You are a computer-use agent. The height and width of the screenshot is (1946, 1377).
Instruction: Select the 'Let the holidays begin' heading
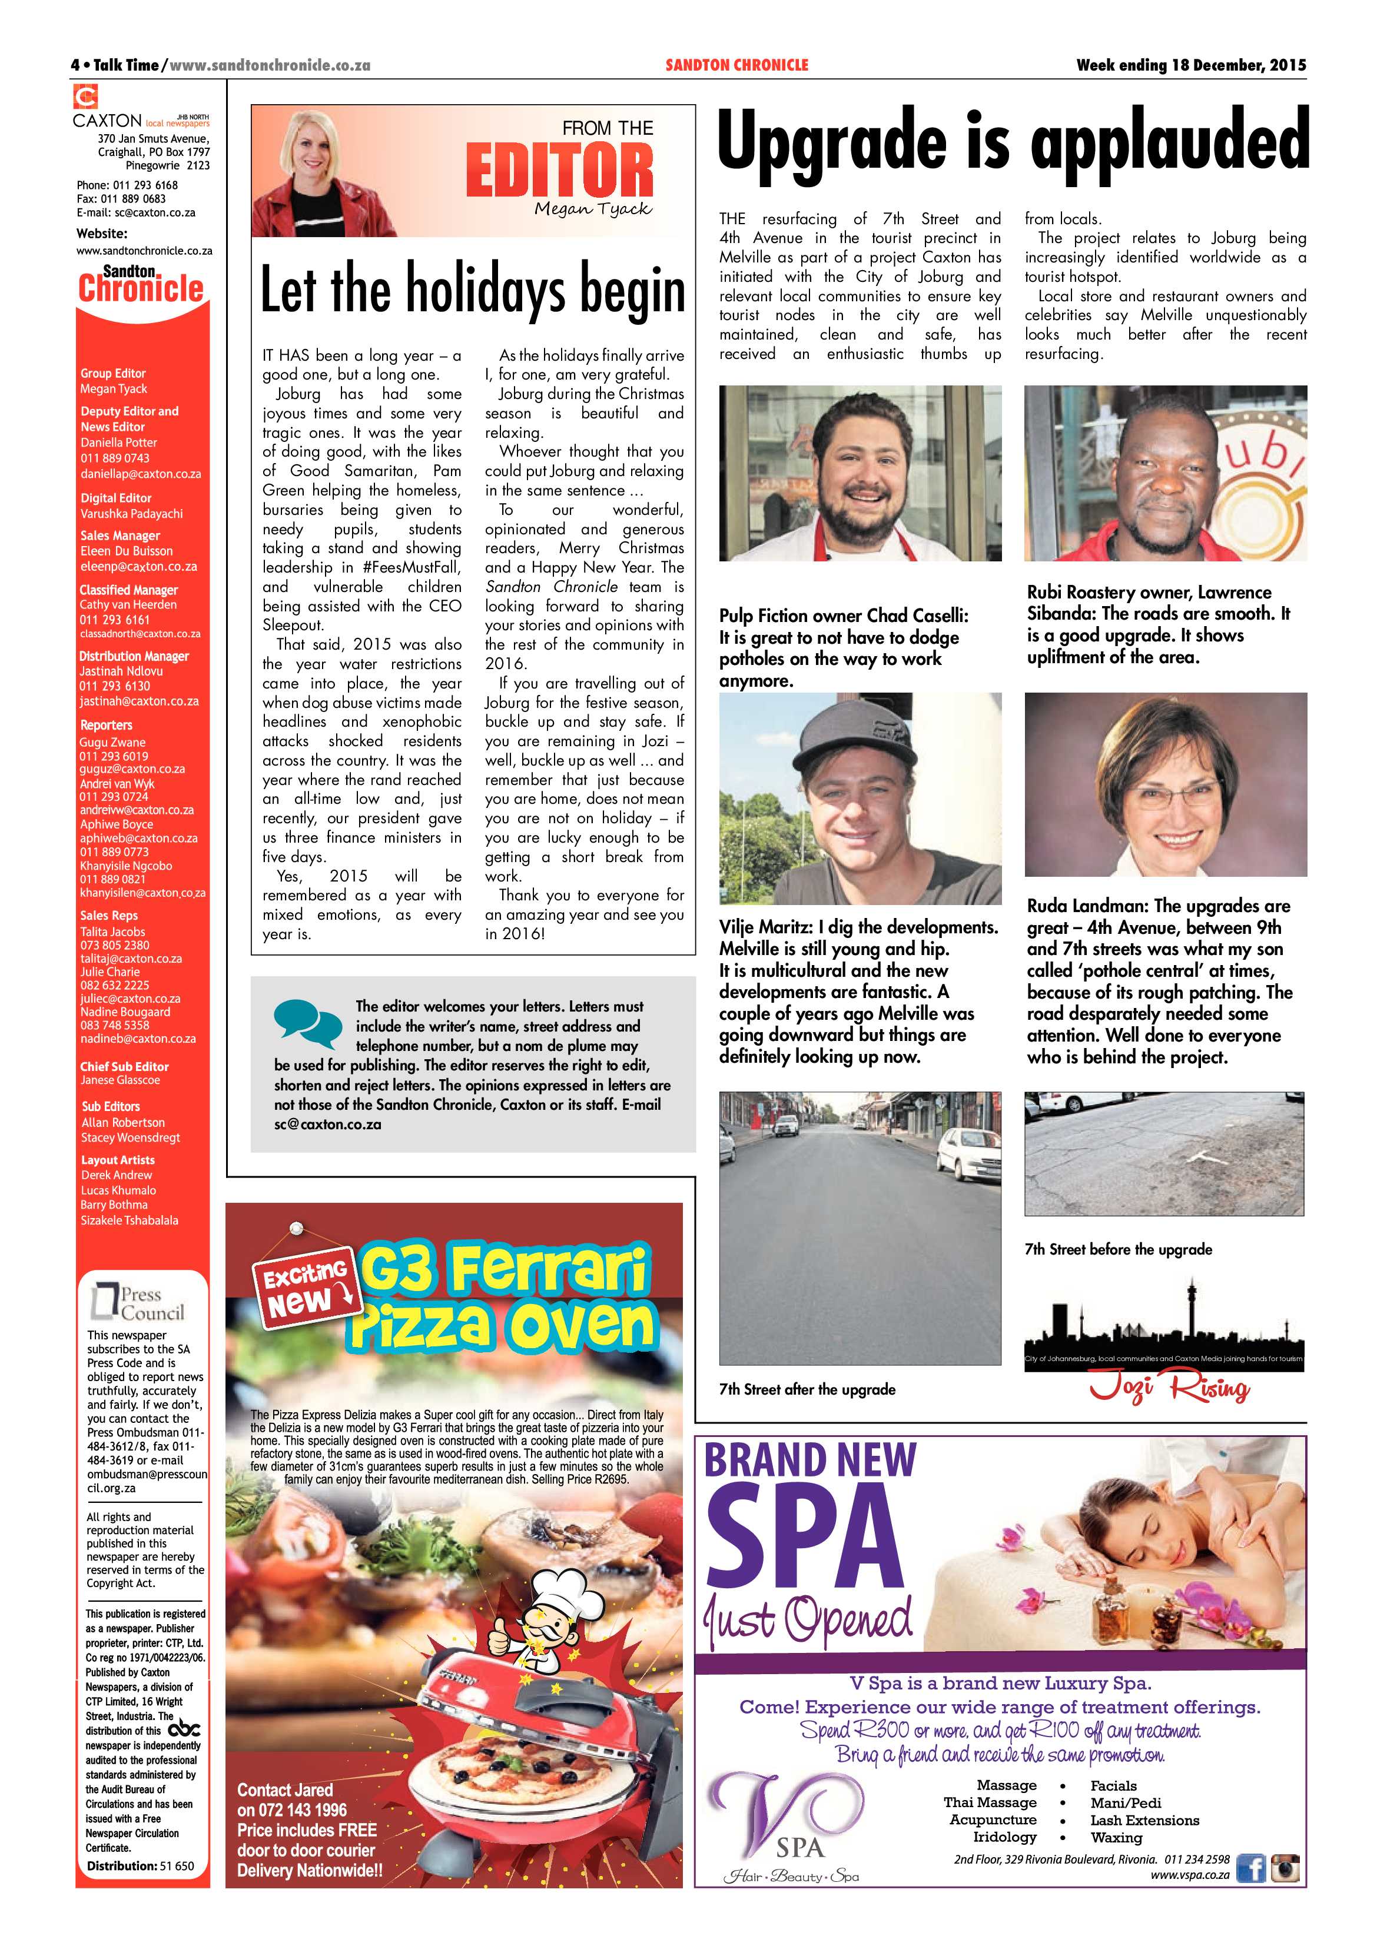472,291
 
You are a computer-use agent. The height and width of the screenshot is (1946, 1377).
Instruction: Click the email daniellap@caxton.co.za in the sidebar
141,474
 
